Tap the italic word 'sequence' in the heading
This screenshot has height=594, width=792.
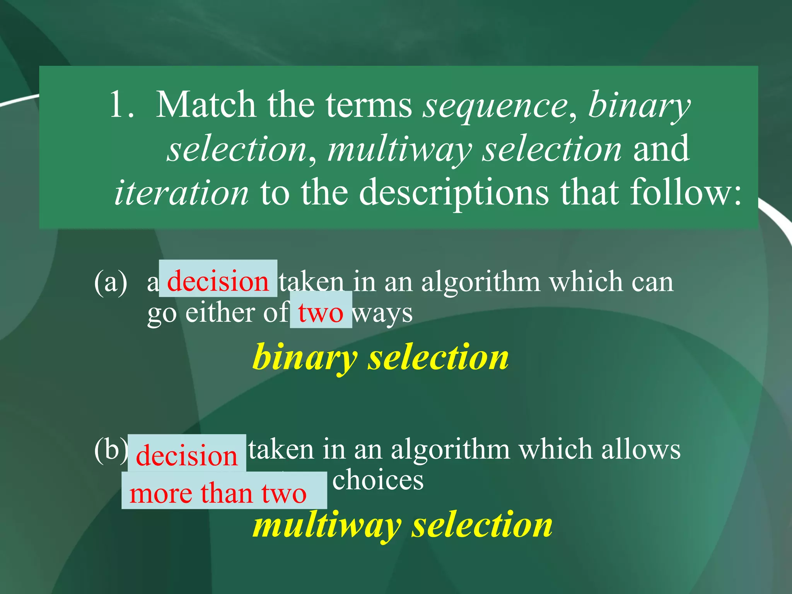click(495, 106)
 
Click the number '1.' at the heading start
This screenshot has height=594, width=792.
click(122, 105)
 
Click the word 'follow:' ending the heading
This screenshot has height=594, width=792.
click(686, 192)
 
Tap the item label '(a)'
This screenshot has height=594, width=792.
click(111, 282)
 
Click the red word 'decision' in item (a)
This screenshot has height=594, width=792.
click(218, 281)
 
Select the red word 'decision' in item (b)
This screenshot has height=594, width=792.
click(186, 455)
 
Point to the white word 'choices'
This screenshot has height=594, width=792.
click(378, 480)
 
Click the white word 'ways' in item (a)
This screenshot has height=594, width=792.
click(383, 313)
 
